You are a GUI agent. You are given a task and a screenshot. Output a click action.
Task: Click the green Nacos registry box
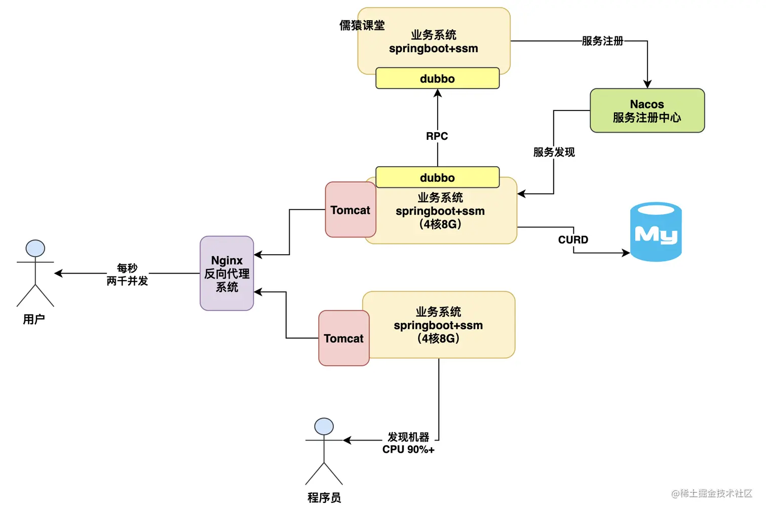point(647,110)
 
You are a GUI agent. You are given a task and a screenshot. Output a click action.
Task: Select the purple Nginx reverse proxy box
point(226,273)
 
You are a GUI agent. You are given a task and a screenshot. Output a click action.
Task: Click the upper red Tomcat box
point(350,210)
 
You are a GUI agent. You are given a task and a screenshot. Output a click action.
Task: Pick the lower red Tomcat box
point(343,338)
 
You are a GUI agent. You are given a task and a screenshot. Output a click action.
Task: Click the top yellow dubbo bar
point(437,78)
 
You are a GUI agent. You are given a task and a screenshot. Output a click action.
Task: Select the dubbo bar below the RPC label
point(437,177)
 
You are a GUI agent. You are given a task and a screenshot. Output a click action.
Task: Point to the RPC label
point(437,136)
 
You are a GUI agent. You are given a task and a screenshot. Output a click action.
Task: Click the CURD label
point(573,240)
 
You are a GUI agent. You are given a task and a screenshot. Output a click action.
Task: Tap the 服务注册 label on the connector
point(602,41)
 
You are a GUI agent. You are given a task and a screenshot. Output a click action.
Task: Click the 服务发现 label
point(554,152)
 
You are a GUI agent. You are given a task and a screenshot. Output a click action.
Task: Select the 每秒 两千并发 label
point(127,274)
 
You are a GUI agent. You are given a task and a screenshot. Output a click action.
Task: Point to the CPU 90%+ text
point(408,449)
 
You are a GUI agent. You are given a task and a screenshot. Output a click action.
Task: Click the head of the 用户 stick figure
point(35,248)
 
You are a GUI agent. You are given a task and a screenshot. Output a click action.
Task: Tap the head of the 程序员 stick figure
point(324,426)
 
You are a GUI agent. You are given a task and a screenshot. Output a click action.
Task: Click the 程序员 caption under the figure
point(324,498)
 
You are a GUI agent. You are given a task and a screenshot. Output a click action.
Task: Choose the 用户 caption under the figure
point(34,319)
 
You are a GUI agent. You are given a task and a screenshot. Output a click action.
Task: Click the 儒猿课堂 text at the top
point(362,25)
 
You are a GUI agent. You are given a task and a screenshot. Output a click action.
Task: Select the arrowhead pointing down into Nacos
point(647,84)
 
